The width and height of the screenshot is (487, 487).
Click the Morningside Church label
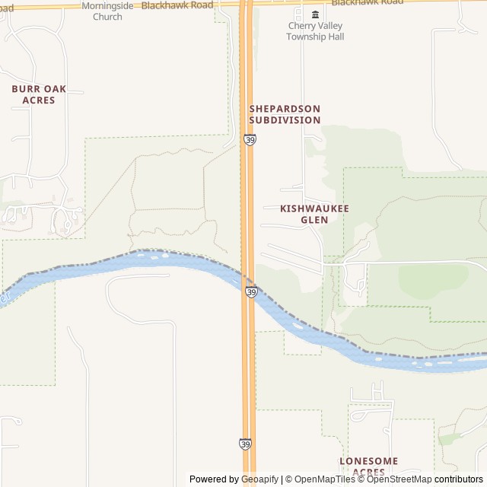pos(107,11)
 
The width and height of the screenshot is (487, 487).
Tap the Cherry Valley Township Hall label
pos(315,31)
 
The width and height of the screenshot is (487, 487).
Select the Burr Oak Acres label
pos(39,94)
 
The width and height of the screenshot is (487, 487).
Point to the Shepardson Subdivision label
pos(285,114)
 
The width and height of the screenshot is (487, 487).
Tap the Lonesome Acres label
pos(368,466)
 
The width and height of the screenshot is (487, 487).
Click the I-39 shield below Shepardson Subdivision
pos(250,140)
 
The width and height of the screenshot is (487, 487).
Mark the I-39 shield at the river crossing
pos(251,291)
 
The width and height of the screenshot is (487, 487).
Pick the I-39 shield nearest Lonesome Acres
pos(245,443)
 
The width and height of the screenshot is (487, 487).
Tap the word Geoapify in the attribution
pos(260,479)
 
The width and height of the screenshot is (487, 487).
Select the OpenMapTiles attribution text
pos(323,479)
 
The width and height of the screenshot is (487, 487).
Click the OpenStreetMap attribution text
pos(399,479)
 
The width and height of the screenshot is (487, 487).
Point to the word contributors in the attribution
pos(459,479)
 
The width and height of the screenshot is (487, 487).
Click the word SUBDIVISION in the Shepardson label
pos(285,120)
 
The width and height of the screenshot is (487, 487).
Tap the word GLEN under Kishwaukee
pos(314,220)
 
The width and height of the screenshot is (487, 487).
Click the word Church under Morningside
pos(107,17)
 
